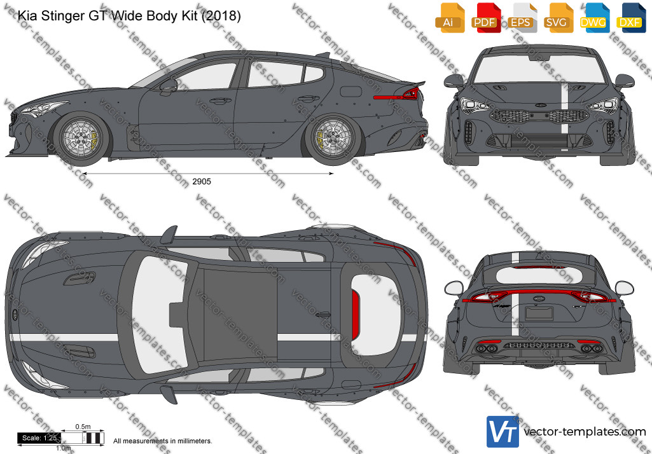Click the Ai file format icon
point(450,18)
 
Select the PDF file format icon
point(486,18)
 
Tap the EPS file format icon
point(522,18)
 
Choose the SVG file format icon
point(558,18)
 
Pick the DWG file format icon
point(595,18)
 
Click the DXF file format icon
point(631,18)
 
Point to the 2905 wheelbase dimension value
point(202,182)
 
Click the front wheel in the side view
point(81,139)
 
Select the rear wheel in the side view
point(333,139)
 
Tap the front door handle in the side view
point(220,100)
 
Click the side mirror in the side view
point(168,86)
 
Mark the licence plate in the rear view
point(539,313)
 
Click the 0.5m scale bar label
point(83,427)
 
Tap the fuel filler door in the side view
point(351,92)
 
